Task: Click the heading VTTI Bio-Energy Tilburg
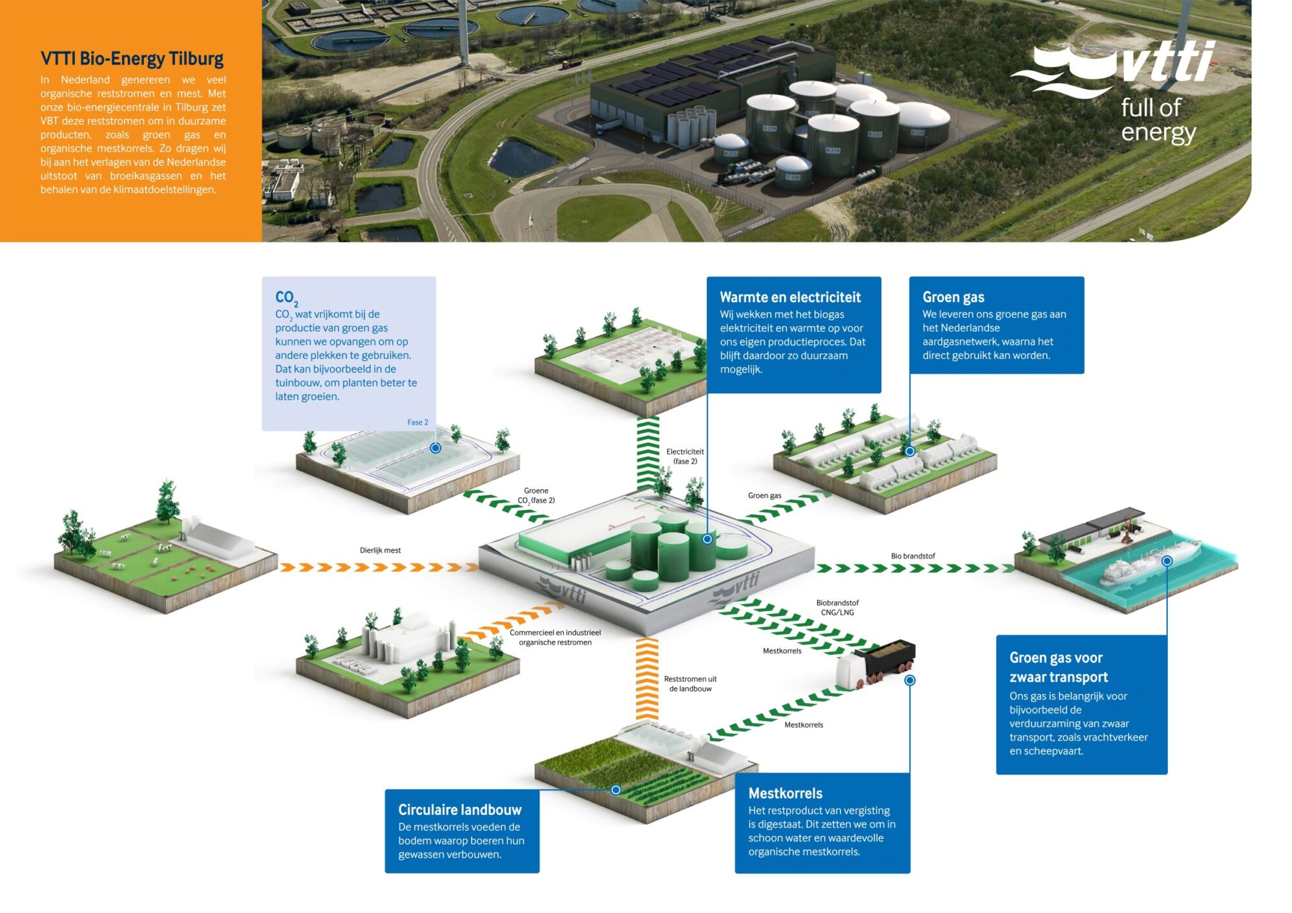coord(132,59)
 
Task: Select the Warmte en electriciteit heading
coord(790,297)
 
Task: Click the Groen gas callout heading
coord(953,297)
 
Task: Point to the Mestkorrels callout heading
coord(785,793)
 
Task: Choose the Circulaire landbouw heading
coord(459,810)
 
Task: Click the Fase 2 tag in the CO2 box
coord(417,422)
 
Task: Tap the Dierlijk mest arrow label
coord(380,550)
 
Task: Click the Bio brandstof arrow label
coord(913,556)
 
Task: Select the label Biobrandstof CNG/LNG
coord(837,608)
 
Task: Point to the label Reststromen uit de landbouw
coord(690,684)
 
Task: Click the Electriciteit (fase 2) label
coord(685,456)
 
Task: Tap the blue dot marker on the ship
coord(1167,561)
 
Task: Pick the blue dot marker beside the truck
coord(910,680)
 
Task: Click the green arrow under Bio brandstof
coord(914,568)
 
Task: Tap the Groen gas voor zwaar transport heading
coord(1058,667)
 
